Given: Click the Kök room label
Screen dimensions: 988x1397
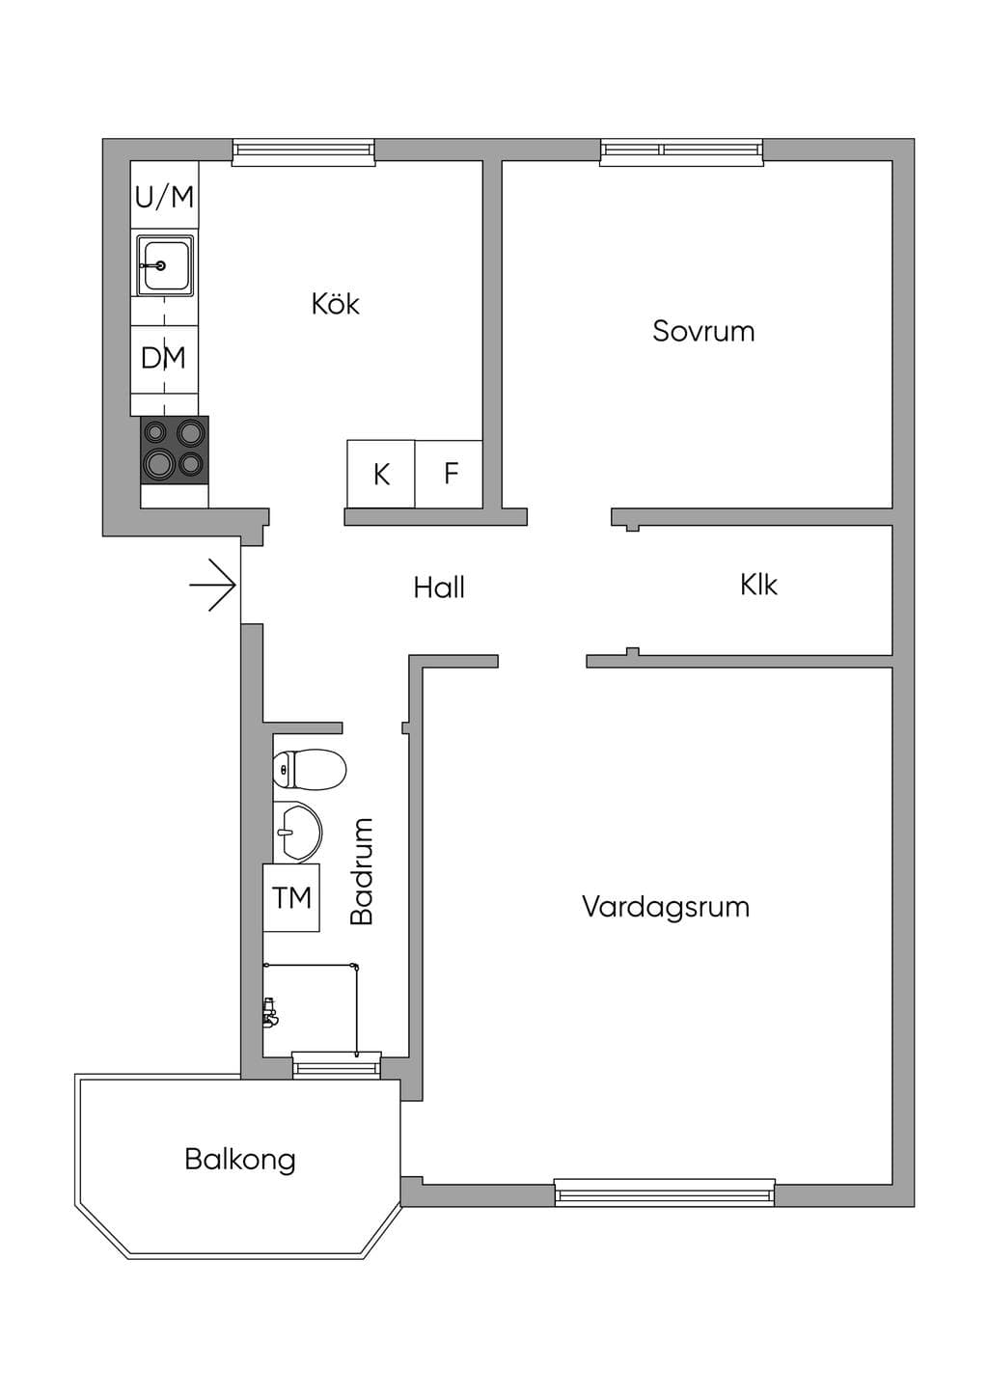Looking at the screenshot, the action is coord(336,304).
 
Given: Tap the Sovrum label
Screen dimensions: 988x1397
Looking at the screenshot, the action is coord(703,331).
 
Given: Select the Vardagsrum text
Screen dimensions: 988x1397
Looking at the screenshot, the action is coord(666,907).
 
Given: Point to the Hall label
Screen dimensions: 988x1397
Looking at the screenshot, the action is coord(439,588).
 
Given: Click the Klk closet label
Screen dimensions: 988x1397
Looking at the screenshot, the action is coord(759,585).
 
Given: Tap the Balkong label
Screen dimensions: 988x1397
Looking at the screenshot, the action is coord(240,1160).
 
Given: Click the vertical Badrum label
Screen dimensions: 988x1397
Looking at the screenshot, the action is coord(362,871).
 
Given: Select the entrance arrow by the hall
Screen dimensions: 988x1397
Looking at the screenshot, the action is coord(212,585).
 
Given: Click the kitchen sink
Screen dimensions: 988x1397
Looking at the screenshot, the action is coord(165,265).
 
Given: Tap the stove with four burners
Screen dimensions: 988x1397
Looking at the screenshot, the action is coord(175,449).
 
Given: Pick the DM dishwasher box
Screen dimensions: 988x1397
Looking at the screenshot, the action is coord(164,359).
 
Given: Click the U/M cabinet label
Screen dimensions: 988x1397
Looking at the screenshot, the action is coord(165,197).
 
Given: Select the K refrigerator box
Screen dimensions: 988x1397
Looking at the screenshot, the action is coord(381,474).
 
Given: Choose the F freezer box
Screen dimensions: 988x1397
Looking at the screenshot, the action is coord(449,474).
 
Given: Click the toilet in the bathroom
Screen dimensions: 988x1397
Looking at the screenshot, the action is coord(310,770).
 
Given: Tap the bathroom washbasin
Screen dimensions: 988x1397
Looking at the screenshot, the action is coord(297,832).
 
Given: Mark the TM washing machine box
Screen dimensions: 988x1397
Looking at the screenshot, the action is coord(291,898).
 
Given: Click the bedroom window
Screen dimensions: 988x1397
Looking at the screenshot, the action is coord(682,151).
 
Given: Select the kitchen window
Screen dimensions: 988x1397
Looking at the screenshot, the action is coord(304,151).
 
